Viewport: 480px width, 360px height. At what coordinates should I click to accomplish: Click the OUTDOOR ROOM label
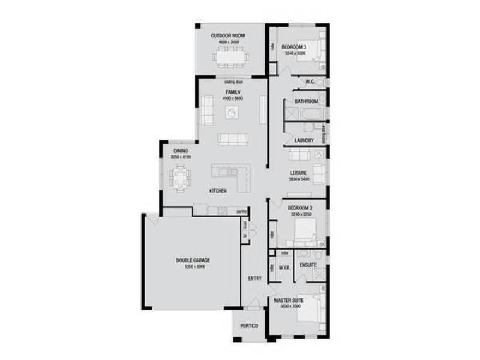(227, 36)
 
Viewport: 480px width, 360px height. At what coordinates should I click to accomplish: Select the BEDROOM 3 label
(294, 47)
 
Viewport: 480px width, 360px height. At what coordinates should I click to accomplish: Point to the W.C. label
(310, 82)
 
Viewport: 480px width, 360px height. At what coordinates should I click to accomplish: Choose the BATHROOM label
(306, 101)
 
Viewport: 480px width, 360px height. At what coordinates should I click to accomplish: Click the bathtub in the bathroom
(306, 114)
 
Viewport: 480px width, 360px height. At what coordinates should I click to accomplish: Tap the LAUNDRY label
(304, 140)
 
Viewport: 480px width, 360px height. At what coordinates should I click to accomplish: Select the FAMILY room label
(233, 92)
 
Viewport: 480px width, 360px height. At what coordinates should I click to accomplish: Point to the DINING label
(181, 151)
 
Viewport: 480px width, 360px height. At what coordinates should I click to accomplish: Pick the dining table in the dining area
(180, 176)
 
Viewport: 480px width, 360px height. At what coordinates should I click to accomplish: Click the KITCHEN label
(217, 191)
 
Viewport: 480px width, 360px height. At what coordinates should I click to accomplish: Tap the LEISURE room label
(301, 173)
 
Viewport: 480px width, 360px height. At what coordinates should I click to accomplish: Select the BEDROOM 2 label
(299, 208)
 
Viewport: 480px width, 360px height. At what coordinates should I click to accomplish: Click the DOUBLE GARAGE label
(192, 260)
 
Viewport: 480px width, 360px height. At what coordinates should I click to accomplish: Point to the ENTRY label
(254, 278)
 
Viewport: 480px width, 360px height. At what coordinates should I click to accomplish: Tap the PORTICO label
(249, 326)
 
